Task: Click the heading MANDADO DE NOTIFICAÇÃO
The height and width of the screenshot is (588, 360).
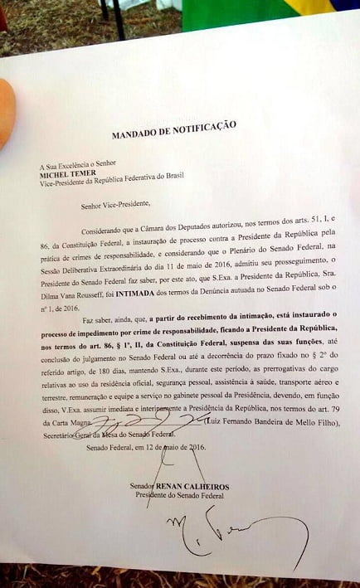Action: coord(174,129)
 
